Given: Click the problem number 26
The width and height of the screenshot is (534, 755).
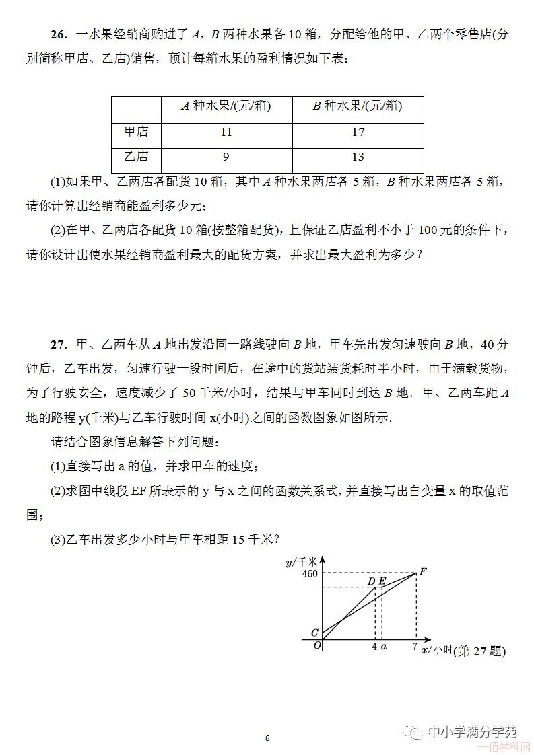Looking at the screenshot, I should click(x=58, y=35).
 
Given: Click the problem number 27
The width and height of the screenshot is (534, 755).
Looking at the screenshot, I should click(x=58, y=345).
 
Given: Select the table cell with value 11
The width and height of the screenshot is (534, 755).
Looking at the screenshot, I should click(x=226, y=133).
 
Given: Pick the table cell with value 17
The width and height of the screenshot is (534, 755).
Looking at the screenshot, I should click(x=358, y=133).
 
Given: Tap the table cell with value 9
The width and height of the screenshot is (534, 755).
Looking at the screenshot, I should click(x=226, y=157).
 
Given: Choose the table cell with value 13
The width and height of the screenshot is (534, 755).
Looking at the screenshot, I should click(x=358, y=157).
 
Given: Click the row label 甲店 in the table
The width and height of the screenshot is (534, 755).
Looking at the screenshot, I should click(x=136, y=133).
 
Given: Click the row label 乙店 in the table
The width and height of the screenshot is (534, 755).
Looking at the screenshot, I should click(x=136, y=157).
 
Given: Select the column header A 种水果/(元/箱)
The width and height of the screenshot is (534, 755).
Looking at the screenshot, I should click(x=226, y=106).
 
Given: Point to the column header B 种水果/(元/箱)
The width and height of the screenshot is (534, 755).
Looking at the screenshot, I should click(x=358, y=106).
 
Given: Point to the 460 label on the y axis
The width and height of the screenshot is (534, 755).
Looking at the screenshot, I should click(x=310, y=574).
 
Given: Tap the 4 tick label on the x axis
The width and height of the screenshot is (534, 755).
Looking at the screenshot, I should click(x=374, y=647).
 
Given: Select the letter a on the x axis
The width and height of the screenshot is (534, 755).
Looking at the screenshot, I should click(x=384, y=647).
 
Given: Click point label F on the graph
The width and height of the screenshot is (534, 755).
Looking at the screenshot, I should click(x=423, y=572).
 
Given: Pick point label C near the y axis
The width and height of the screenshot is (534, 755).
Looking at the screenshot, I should click(x=314, y=633).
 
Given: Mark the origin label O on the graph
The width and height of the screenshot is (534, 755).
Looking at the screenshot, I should click(x=317, y=645).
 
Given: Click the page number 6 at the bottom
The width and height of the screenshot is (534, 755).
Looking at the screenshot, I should click(x=267, y=738).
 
